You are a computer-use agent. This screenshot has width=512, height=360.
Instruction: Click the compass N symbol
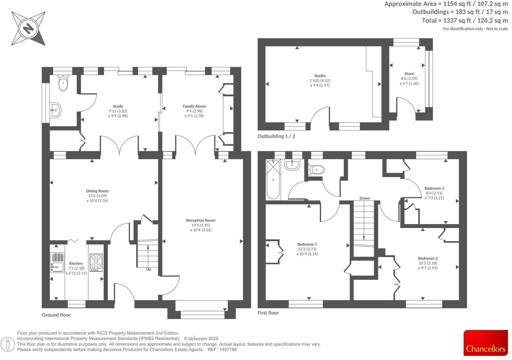click(28, 29)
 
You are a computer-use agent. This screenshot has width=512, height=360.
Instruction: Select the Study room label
click(118, 106)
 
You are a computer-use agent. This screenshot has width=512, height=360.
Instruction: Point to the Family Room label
click(194, 106)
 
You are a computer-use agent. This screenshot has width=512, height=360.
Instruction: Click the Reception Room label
click(201, 220)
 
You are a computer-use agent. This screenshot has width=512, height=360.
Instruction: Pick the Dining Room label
click(97, 191)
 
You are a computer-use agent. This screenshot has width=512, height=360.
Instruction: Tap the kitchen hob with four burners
click(96, 262)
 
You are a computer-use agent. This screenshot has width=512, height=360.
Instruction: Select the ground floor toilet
click(63, 83)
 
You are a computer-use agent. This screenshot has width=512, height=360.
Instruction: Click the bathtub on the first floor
click(273, 180)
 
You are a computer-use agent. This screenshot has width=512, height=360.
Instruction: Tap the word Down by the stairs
click(365, 198)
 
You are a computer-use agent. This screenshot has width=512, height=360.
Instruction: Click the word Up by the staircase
click(149, 269)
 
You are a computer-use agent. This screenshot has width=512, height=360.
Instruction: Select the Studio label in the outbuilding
click(320, 76)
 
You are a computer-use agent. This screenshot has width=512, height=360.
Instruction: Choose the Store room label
click(409, 74)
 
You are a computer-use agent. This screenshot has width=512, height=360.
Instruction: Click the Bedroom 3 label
click(434, 189)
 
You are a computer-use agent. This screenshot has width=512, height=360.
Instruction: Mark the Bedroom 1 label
click(307, 244)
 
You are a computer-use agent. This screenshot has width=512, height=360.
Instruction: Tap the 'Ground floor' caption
click(56, 315)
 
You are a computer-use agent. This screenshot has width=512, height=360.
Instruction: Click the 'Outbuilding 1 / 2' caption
click(276, 136)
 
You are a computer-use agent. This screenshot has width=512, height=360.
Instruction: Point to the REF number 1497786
click(228, 350)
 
